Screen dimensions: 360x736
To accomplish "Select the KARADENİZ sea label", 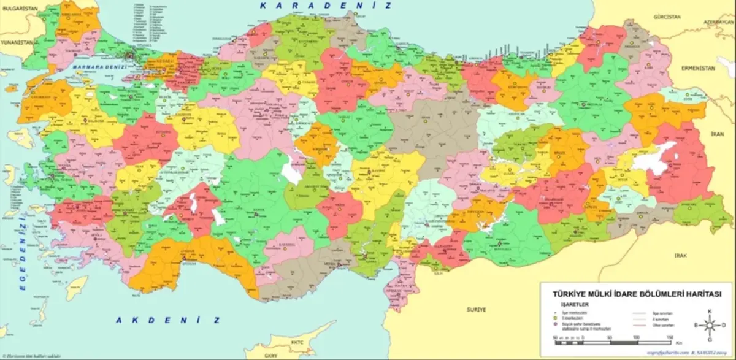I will click(x=325, y=6).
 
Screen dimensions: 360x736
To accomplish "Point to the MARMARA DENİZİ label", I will click(x=100, y=66).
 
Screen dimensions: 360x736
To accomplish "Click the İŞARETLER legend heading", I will click(x=566, y=304).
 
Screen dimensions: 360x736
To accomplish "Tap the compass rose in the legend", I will click(x=710, y=325).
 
